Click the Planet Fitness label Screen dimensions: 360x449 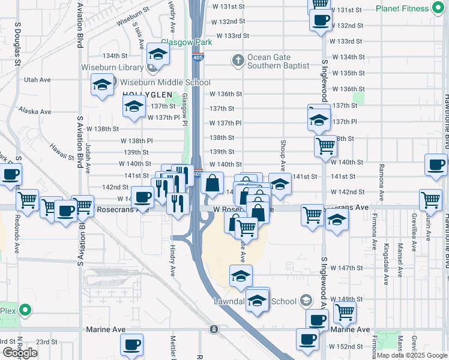tap(403, 8)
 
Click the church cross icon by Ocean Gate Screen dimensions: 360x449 tap(238, 60)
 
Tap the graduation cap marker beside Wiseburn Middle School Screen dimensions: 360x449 tap(103, 85)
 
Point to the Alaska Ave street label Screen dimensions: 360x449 tap(35, 111)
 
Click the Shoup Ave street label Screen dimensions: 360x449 tap(282, 155)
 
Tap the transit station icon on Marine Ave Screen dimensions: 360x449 tap(214, 329)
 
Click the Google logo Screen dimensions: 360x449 tap(20, 353)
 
